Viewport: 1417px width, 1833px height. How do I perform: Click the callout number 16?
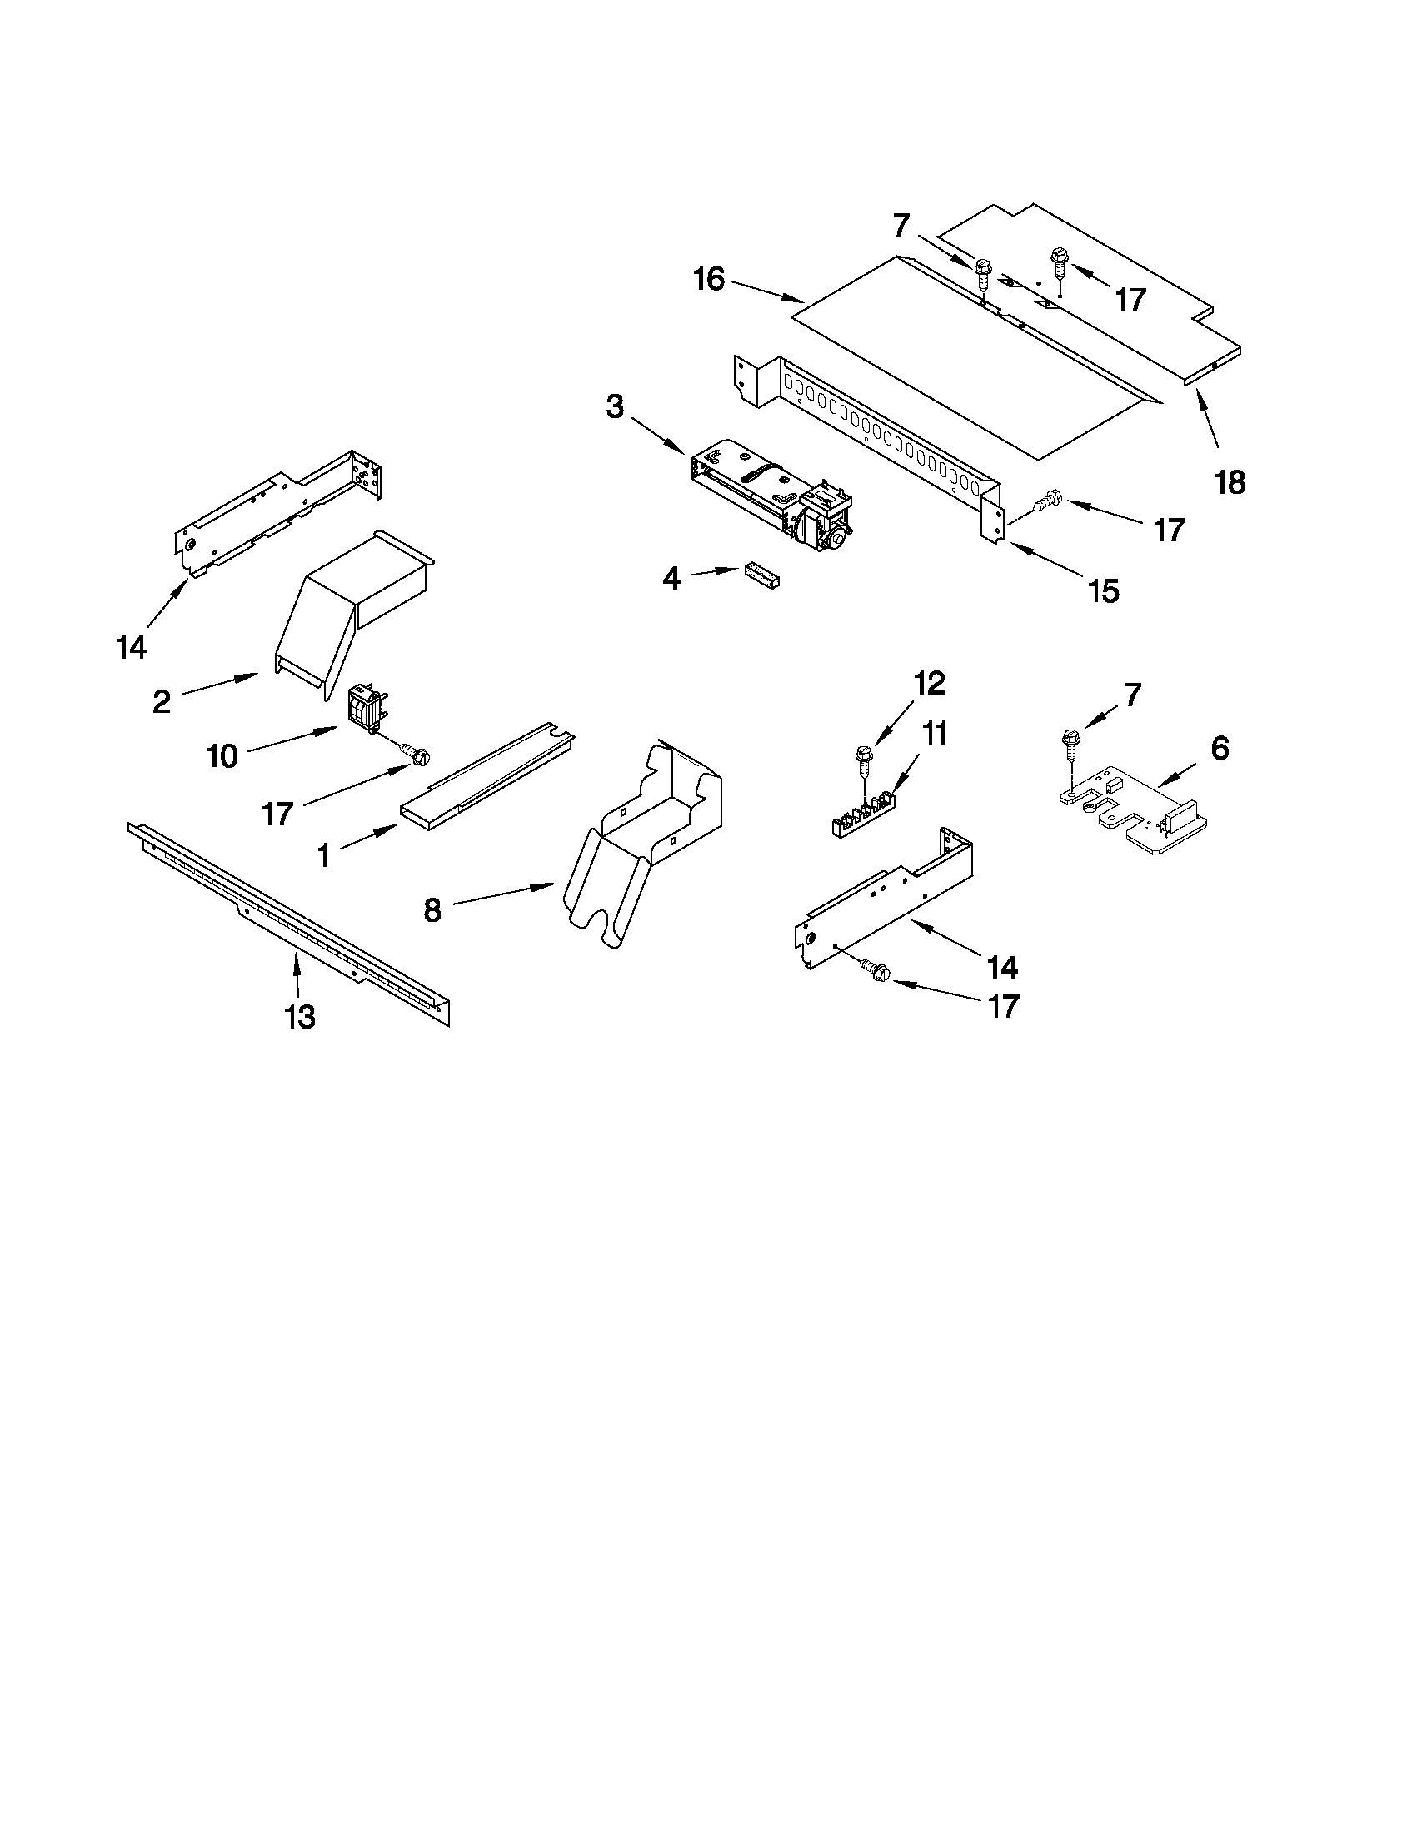(710, 280)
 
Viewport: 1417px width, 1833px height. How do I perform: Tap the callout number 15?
(1104, 590)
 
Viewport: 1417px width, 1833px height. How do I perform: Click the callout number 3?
(616, 408)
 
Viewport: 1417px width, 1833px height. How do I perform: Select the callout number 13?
(300, 1016)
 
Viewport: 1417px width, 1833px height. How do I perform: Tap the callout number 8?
(432, 909)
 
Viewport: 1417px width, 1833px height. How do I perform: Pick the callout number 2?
(161, 702)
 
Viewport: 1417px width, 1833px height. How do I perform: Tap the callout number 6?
(1219, 747)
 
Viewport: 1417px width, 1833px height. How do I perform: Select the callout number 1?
(323, 855)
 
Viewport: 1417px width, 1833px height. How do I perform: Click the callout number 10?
(222, 756)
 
